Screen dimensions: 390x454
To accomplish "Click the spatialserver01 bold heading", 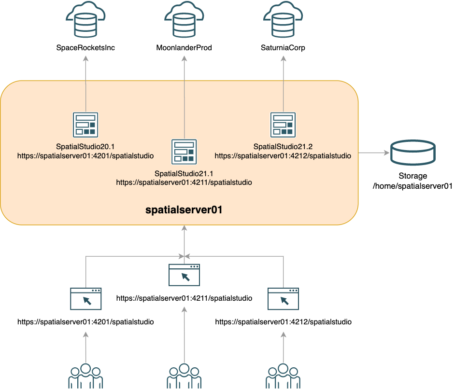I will pos(184,210).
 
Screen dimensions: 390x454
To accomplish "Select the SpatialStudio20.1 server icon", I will pos(85,125).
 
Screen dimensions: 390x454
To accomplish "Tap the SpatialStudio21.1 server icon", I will pos(184,152).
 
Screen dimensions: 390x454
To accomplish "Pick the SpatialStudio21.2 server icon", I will pos(283,125).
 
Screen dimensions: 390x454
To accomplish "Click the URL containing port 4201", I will pos(85,156).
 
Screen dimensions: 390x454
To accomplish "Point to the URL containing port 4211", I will pos(184,182).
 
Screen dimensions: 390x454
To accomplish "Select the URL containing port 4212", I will pos(283,156).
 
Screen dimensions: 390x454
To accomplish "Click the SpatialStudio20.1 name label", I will pos(85,147).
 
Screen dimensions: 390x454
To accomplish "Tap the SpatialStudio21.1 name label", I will pos(184,173).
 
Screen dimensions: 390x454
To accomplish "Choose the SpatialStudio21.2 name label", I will pos(283,147).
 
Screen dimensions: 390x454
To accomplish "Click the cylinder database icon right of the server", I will pos(413,153).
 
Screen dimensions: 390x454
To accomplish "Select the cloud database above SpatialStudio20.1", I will pos(85,20).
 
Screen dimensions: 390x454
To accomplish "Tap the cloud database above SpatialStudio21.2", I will pos(283,20).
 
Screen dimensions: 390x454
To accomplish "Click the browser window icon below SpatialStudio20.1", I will pos(85,299).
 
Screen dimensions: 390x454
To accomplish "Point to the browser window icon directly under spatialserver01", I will pos(184,275).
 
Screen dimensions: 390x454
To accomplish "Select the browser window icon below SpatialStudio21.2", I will pos(283,299).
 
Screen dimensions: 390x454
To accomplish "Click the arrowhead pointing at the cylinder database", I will pos(386,153).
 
